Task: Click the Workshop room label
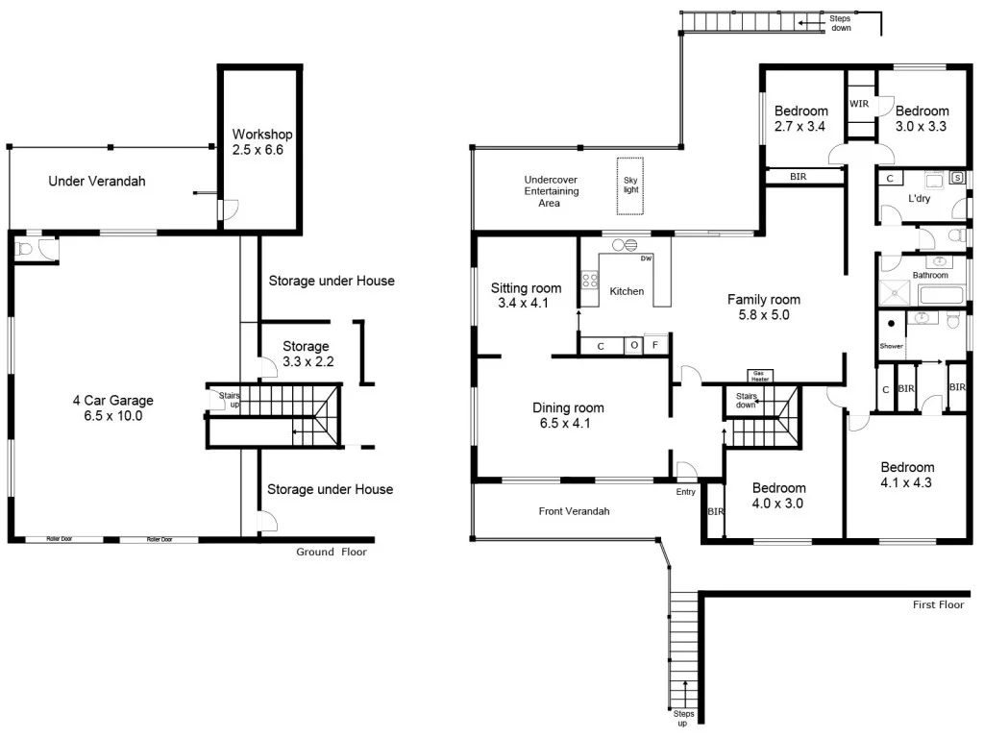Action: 262,142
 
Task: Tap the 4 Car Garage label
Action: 112,408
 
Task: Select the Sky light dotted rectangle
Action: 630,186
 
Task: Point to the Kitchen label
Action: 627,291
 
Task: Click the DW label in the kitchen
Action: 646,258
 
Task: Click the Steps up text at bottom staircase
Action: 683,719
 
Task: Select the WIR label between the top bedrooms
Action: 859,104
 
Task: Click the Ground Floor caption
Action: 331,552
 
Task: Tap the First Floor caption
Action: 938,604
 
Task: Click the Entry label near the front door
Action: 685,492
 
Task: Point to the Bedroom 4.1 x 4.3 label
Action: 907,476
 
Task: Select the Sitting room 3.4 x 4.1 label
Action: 526,296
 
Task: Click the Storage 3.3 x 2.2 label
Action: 306,354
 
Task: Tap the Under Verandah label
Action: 97,181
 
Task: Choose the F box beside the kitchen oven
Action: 656,345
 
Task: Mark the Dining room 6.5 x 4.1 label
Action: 568,416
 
